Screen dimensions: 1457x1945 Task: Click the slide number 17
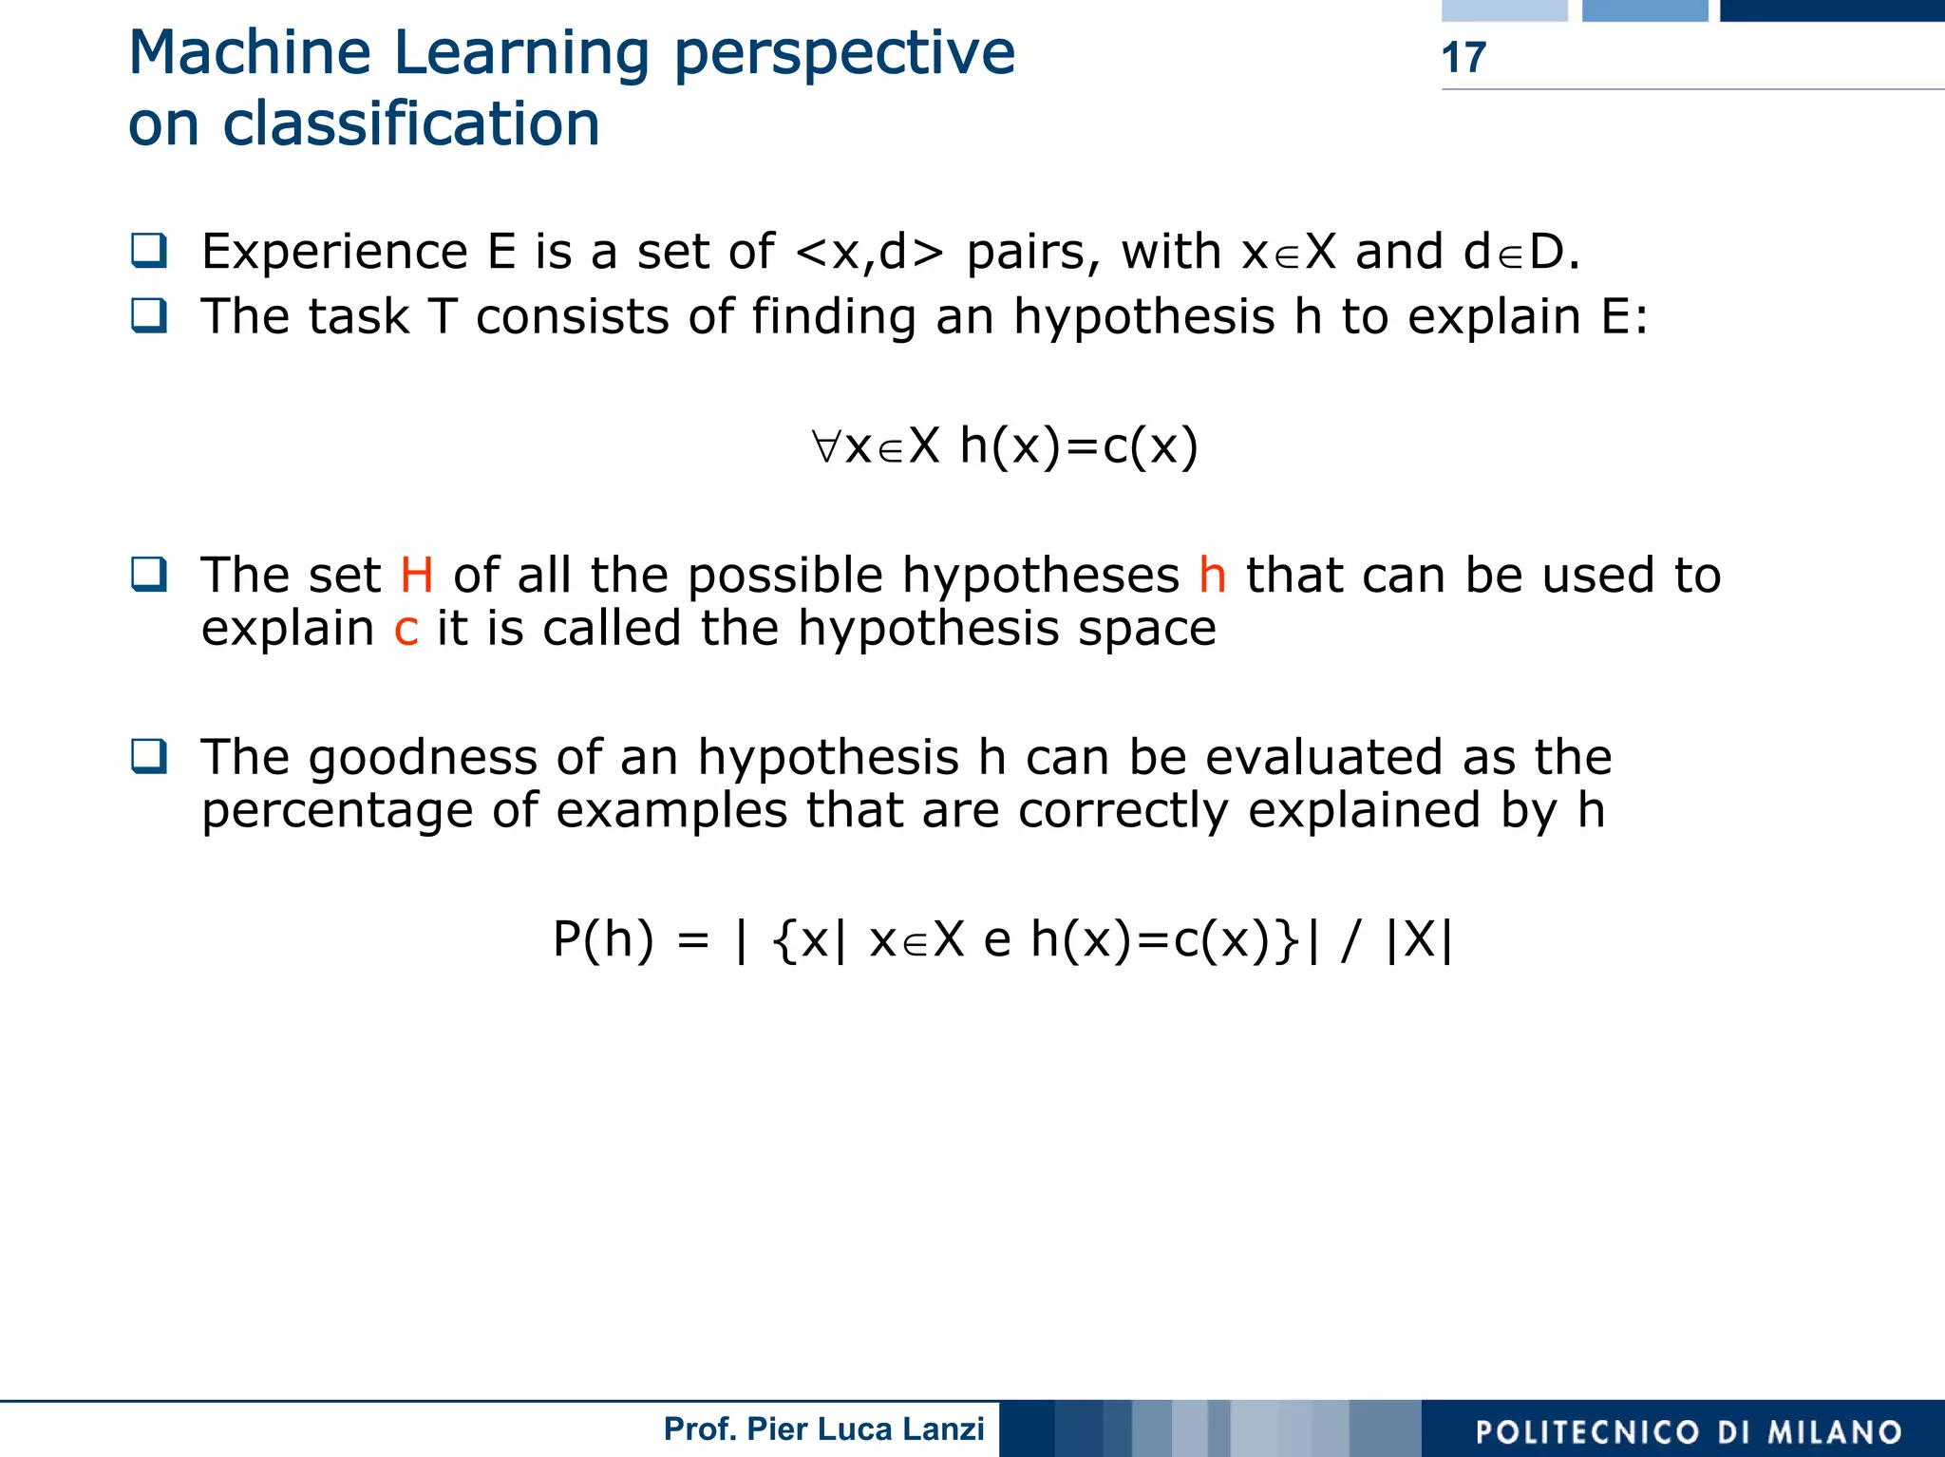(1463, 58)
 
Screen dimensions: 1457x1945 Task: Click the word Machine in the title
(250, 53)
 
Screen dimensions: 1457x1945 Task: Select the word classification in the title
(410, 124)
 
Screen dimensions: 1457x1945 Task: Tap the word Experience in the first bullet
(334, 253)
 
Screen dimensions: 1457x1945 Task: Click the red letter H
(417, 576)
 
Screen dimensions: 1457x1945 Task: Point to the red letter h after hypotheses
(1212, 576)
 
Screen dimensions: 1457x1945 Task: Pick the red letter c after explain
(406, 630)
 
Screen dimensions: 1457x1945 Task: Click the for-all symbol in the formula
(826, 446)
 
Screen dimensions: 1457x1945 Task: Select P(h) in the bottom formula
(603, 940)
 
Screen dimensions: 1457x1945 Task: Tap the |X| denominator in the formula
(1420, 940)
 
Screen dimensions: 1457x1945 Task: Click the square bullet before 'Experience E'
(149, 251)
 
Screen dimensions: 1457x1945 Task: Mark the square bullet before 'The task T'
(149, 315)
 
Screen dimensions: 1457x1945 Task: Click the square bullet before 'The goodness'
(149, 756)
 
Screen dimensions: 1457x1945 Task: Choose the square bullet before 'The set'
(149, 574)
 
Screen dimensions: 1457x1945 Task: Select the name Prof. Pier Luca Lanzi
(823, 1429)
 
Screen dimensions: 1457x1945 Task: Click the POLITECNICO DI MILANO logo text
(1689, 1431)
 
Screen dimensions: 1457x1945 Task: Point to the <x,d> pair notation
(869, 253)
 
